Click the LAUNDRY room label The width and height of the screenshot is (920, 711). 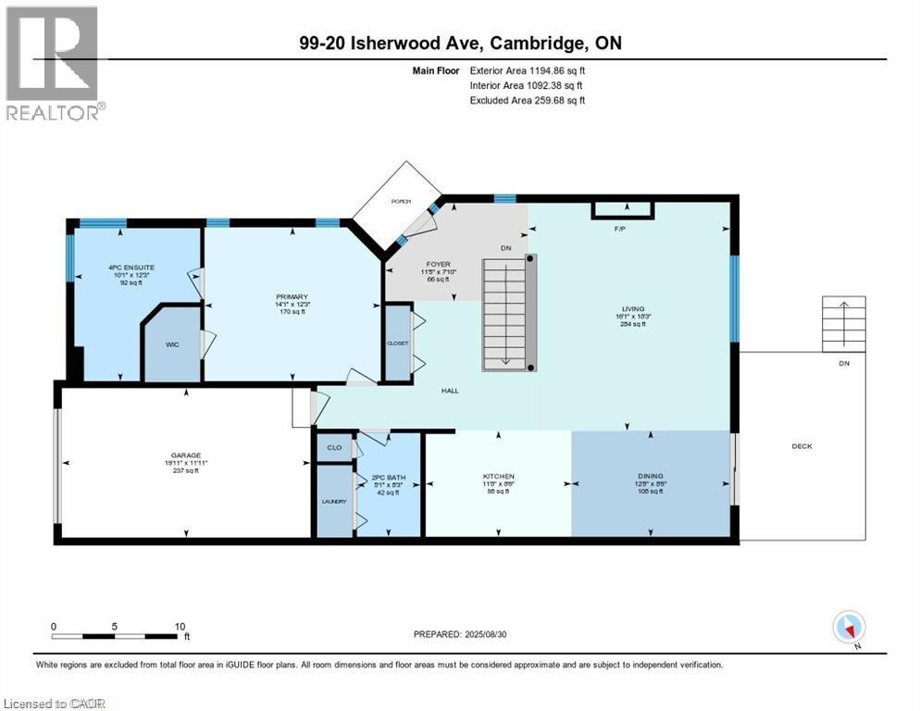tap(334, 501)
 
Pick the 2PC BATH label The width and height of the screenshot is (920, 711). tap(389, 479)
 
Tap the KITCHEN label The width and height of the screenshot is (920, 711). tap(497, 477)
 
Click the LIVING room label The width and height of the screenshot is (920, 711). tap(633, 309)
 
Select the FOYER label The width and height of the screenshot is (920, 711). tap(438, 264)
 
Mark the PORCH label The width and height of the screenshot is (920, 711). tap(400, 201)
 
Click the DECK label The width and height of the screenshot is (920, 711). tap(802, 446)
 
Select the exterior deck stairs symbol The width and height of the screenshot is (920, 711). tap(843, 323)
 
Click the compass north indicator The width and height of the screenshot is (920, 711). tap(848, 627)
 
